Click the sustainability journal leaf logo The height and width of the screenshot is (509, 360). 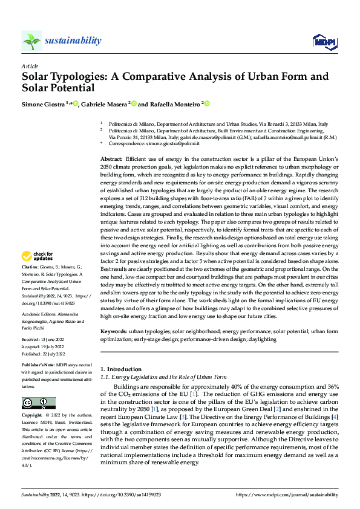click(x=32, y=41)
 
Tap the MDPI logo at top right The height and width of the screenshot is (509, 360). click(x=324, y=41)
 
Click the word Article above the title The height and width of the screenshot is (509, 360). click(x=30, y=66)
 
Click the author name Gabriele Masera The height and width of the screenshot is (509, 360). click(x=103, y=105)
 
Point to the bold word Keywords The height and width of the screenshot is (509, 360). click(x=113, y=332)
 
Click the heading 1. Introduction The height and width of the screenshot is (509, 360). click(x=120, y=369)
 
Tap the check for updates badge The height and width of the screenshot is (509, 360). click(x=39, y=273)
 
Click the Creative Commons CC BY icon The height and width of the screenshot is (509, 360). click(x=39, y=403)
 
